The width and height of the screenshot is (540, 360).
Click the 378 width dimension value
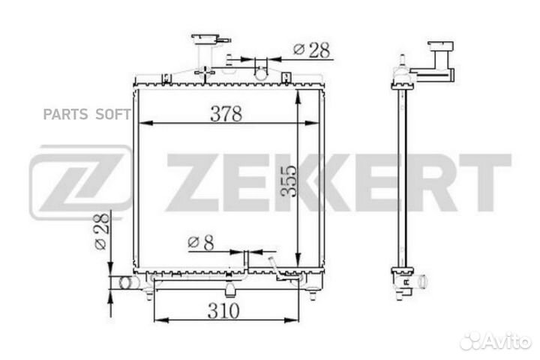[x=226, y=114]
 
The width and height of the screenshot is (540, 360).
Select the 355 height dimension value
[x=288, y=181]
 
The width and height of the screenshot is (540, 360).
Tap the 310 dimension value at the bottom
[x=223, y=310]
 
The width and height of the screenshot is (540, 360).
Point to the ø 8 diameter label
[x=201, y=242]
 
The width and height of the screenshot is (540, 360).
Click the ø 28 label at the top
[x=312, y=50]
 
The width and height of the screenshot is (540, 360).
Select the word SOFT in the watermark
[x=113, y=114]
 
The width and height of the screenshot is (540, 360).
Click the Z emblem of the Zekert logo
[x=80, y=182]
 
